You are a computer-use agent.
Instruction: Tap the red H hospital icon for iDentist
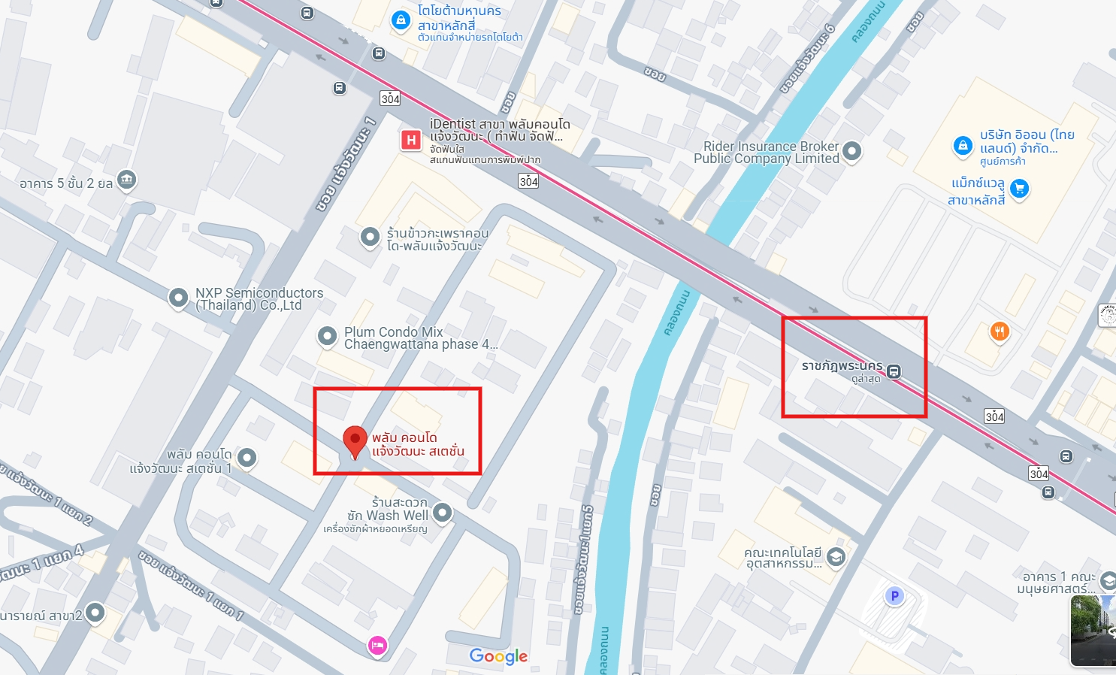pos(411,140)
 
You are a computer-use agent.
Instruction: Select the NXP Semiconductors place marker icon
pos(178,298)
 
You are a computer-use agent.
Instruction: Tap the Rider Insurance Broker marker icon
pos(851,150)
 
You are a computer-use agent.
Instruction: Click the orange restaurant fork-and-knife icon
pos(999,331)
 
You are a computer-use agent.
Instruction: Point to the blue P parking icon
pos(894,596)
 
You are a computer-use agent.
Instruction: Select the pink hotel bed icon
pos(377,645)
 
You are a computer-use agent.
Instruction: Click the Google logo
pos(498,656)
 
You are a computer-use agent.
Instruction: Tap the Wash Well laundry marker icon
pos(443,513)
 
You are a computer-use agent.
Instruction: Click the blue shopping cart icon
pos(1019,188)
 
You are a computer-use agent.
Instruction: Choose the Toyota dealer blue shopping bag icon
pos(401,20)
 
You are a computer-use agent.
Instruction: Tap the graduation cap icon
pos(836,557)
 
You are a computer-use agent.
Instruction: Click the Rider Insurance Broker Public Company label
pos(766,153)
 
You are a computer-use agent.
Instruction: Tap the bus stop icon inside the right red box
pos(894,371)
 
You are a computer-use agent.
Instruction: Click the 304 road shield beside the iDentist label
pos(528,181)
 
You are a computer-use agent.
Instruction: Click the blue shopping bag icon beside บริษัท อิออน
pos(963,146)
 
